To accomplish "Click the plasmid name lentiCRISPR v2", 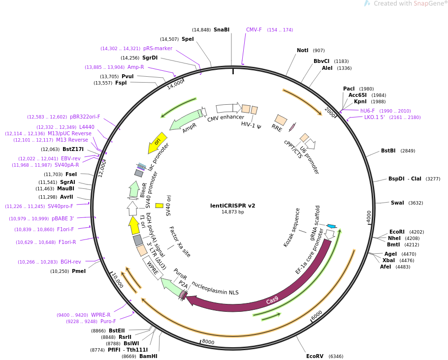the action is pos(232,206).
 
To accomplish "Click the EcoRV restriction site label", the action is pos(315,356).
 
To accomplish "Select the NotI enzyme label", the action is pos(303,50).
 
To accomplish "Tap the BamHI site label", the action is pos(148,356).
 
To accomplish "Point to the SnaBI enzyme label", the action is pos(222,30).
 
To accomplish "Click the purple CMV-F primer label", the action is pos(254,30).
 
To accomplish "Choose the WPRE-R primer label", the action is pos(100,315).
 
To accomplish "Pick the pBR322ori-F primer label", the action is pos(85,117).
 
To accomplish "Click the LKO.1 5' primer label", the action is pos(374,118).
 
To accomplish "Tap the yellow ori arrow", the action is pos(157,142).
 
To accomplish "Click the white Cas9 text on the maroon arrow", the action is pos(272,300).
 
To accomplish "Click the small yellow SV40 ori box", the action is pos(159,206).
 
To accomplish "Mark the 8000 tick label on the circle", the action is pos(208,342).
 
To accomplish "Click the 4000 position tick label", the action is pos(369,216).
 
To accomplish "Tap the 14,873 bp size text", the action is pos(232,212).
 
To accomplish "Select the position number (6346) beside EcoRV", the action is pos(336,356).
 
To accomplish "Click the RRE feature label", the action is pos(277,127).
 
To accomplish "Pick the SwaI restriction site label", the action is pos(397,203).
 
